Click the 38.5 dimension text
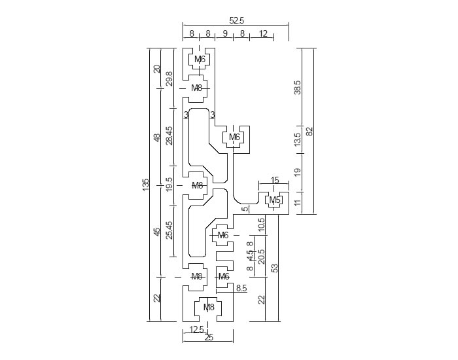point(298,87)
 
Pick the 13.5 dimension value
point(298,139)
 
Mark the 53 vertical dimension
point(275,268)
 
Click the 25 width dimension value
point(209,338)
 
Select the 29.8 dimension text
point(169,79)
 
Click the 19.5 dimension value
point(169,185)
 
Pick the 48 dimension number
point(157,137)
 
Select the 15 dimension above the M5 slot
point(274,180)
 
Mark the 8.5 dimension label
point(241,287)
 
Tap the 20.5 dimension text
point(262,256)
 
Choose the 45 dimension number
point(157,232)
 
